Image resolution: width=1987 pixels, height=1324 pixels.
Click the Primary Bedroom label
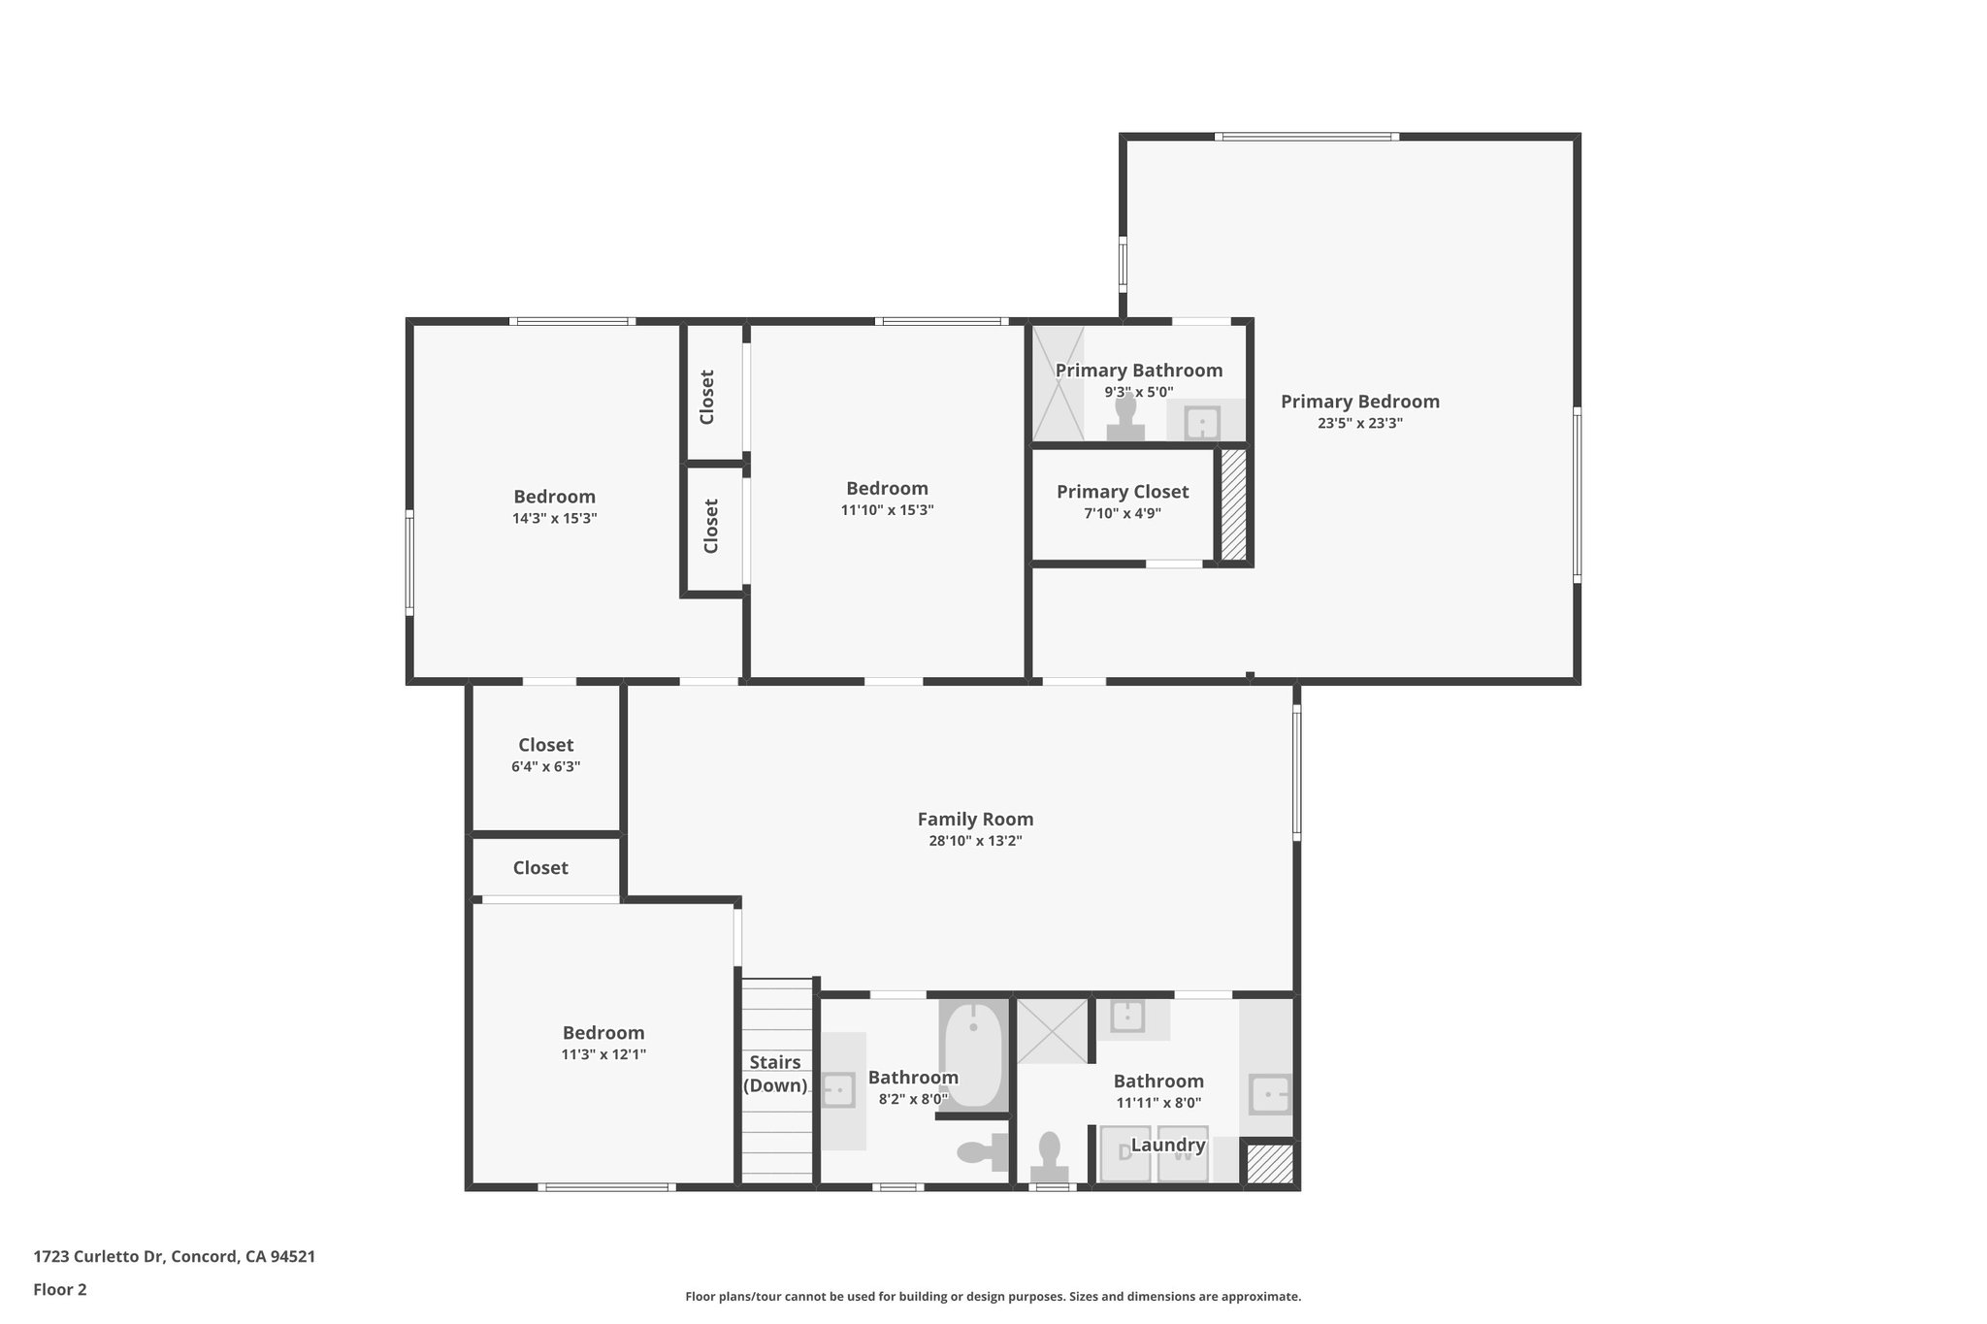click(x=1359, y=402)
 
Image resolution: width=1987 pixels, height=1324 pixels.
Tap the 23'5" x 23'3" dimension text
click(x=1359, y=424)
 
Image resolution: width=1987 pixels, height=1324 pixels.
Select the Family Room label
click(x=975, y=820)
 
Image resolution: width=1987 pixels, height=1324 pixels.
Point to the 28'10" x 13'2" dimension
click(x=975, y=841)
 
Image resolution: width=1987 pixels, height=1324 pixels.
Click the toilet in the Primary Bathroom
click(x=1125, y=420)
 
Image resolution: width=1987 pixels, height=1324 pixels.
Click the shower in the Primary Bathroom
click(x=1057, y=383)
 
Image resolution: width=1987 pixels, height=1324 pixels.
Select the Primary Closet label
click(x=1122, y=492)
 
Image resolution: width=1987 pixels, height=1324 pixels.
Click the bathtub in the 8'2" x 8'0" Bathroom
click(x=972, y=1056)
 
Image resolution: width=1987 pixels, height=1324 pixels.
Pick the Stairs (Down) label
click(x=775, y=1074)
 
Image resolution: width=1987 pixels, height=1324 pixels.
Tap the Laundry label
click(x=1167, y=1146)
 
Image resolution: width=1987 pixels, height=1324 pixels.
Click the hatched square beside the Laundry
click(x=1269, y=1164)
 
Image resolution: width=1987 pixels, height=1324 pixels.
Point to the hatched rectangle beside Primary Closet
click(x=1232, y=504)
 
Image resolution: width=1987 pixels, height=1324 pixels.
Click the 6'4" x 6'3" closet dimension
click(x=545, y=767)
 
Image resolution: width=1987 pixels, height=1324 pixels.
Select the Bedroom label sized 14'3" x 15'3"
click(x=554, y=498)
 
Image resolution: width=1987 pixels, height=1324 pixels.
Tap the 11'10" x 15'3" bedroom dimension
click(x=887, y=510)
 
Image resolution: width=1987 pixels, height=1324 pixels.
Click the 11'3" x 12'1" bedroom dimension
click(x=603, y=1054)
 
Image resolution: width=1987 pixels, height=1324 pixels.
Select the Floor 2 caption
click(x=60, y=1290)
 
